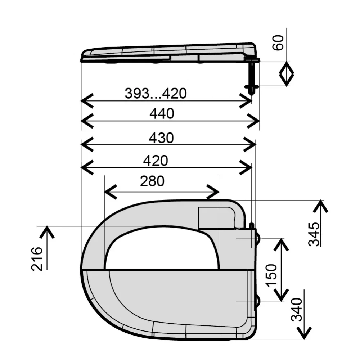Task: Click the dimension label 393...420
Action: [156, 94]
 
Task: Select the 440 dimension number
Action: [162, 114]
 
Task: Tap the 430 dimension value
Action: [161, 138]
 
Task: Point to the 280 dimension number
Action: [152, 181]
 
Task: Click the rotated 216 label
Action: [37, 259]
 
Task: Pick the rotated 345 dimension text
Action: [314, 234]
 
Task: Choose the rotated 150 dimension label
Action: [271, 275]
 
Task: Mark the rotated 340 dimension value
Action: [297, 310]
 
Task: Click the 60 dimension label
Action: [278, 43]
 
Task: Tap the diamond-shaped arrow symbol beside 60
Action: [286, 74]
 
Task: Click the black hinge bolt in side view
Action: [252, 77]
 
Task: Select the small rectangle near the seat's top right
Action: [216, 218]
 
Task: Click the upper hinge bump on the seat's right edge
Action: [258, 238]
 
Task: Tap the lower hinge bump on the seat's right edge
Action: [258, 301]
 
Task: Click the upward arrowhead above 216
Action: [47, 232]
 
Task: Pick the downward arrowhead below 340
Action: [304, 333]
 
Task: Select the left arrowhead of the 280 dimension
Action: [111, 192]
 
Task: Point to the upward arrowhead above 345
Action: [320, 206]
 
